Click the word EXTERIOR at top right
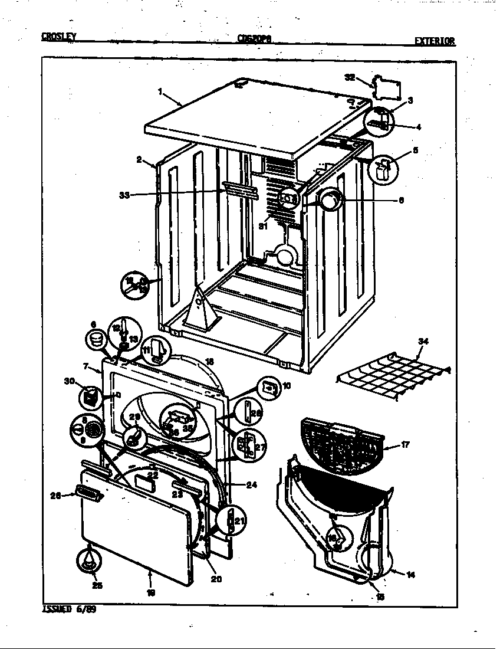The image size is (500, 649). [435, 41]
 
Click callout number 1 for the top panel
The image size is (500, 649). [160, 91]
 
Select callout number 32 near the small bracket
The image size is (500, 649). [350, 77]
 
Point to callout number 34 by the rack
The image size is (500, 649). [422, 341]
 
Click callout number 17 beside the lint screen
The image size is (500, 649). [405, 445]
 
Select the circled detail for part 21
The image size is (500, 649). [231, 520]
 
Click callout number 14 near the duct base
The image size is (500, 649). [411, 574]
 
